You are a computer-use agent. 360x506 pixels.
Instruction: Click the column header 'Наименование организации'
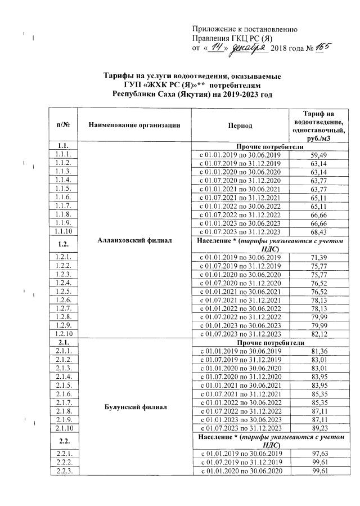134,124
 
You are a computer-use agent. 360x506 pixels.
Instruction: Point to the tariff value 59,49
319,154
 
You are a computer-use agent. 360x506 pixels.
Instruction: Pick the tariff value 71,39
319,256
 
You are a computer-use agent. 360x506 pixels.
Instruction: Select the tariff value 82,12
319,333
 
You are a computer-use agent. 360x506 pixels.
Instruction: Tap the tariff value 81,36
319,350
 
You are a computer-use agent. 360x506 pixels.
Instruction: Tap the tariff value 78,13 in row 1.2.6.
319,299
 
